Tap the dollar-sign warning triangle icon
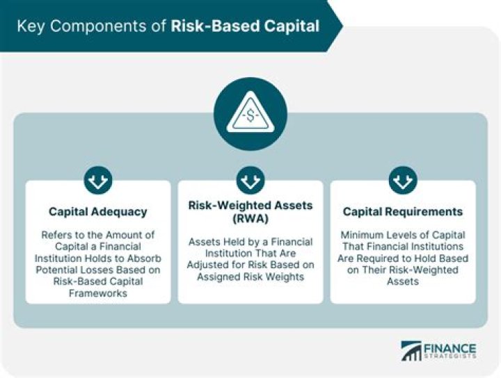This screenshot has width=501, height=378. pos(250,115)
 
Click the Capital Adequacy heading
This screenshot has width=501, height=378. pos(98,211)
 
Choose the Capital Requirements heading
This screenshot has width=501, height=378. pos(403,211)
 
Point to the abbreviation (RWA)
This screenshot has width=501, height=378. pos(250,219)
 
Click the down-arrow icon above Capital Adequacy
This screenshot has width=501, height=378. pos(98,181)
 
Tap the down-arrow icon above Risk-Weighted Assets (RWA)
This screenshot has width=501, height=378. pos(250,181)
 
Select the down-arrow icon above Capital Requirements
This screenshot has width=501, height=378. pos(403,181)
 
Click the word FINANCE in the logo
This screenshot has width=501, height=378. pos(450,347)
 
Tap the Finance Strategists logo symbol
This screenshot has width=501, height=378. pos(411,351)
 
